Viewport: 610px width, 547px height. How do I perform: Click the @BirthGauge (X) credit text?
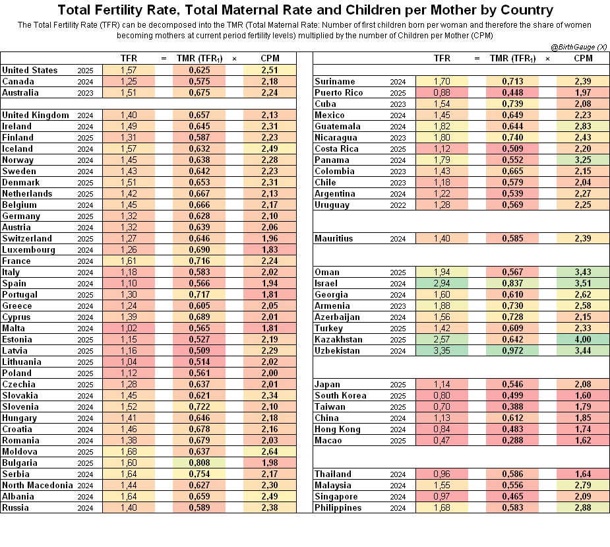[x=578, y=47]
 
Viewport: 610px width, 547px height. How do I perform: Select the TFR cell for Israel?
[x=442, y=284]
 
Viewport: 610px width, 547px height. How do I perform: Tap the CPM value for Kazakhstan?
[x=583, y=340]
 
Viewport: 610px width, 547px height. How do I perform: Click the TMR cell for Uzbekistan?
[x=512, y=351]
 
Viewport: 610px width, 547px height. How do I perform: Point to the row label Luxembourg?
[x=28, y=250]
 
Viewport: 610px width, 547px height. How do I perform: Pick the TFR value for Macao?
[x=442, y=440]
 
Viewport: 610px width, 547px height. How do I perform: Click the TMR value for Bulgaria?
[x=199, y=463]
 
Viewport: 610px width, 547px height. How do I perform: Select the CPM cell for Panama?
[x=583, y=160]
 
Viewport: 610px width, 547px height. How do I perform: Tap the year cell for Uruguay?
[x=398, y=205]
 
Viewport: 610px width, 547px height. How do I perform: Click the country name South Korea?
[x=340, y=395]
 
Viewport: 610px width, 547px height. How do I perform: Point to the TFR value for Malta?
[x=129, y=328]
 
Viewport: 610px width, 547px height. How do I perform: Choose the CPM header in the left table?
[x=270, y=59]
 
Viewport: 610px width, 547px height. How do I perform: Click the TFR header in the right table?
[x=442, y=59]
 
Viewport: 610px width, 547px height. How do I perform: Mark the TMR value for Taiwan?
[x=512, y=407]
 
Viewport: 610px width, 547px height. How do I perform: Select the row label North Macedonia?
[x=38, y=486]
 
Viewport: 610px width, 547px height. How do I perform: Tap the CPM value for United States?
[x=270, y=70]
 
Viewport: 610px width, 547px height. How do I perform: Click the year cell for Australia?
[x=85, y=93]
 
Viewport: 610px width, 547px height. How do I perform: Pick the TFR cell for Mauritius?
[x=442, y=239]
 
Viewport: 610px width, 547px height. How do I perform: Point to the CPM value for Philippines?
[x=583, y=507]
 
